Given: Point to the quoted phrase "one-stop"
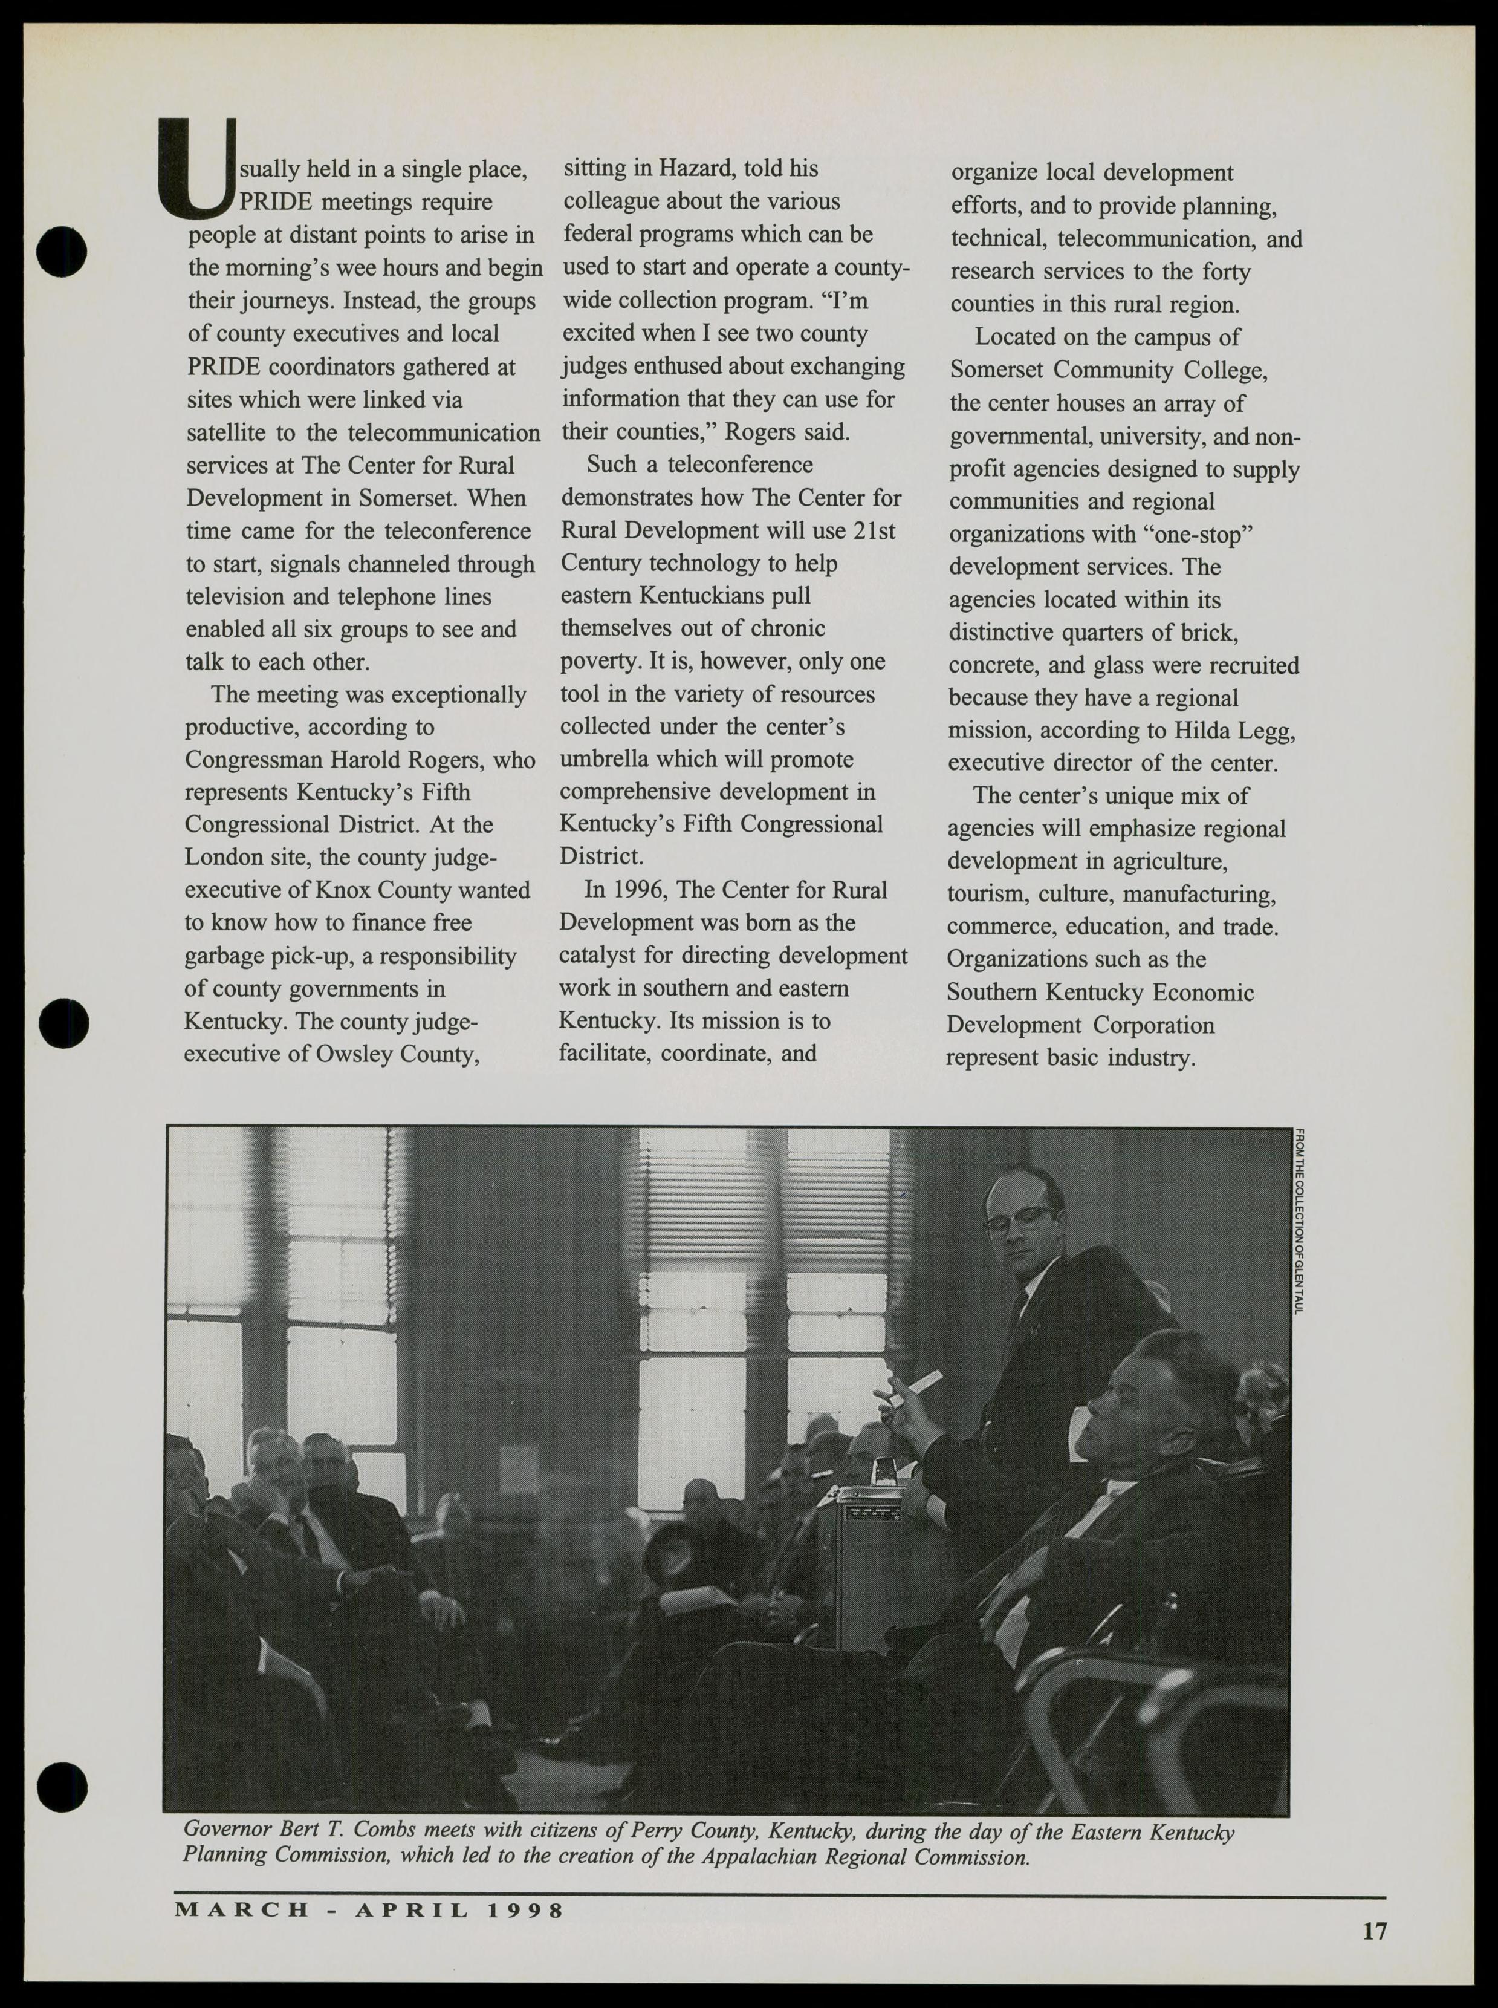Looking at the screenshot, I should click(1202, 534).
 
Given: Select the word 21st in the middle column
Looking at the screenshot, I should click(873, 530).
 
